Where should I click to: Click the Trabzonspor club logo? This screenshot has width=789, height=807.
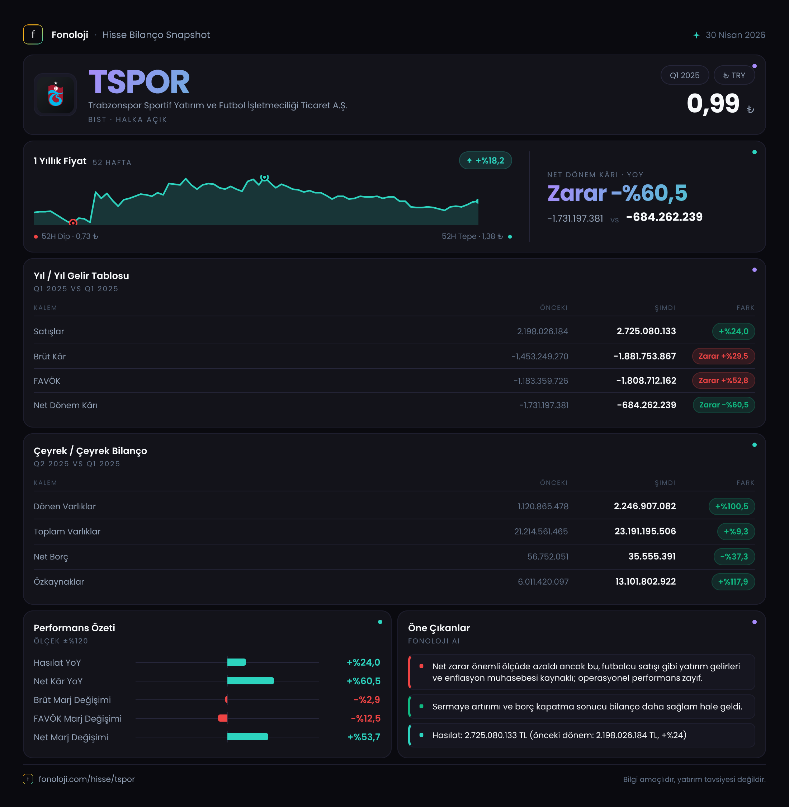55,94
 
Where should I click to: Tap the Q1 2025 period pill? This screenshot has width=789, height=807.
685,75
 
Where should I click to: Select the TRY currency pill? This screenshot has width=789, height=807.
734,75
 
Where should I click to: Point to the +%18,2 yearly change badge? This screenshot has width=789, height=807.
485,160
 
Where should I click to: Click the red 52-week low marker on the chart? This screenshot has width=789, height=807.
73,223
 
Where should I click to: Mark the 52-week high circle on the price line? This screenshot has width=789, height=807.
264,178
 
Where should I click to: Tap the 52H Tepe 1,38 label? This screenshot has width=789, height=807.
472,236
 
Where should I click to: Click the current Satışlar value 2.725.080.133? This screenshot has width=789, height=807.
646,331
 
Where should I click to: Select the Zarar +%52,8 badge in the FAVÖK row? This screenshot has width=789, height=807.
723,381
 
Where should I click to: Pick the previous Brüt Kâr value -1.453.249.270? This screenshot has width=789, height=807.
539,357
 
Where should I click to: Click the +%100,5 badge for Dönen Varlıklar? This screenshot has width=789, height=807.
731,506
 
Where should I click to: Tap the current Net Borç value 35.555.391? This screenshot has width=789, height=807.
652,556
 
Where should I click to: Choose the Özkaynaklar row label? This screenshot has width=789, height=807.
59,581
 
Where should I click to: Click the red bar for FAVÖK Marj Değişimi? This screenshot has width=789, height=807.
223,718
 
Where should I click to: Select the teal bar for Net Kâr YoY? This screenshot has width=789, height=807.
250,681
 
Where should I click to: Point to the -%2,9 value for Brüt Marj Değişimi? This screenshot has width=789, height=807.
367,700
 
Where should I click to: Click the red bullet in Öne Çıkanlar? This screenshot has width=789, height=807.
421,666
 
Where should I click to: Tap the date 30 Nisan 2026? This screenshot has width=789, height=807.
735,35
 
